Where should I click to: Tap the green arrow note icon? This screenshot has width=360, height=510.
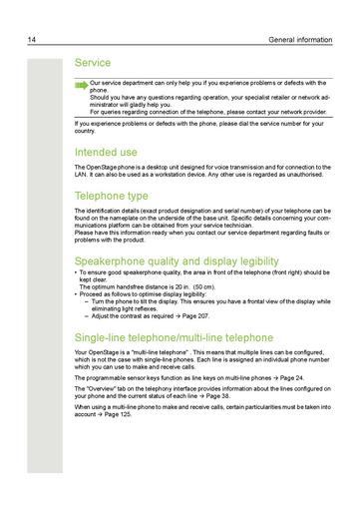pos(81,86)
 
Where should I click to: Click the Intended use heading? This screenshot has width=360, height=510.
pos(112,152)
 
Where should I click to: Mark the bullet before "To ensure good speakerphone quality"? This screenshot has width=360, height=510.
pos(77,272)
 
